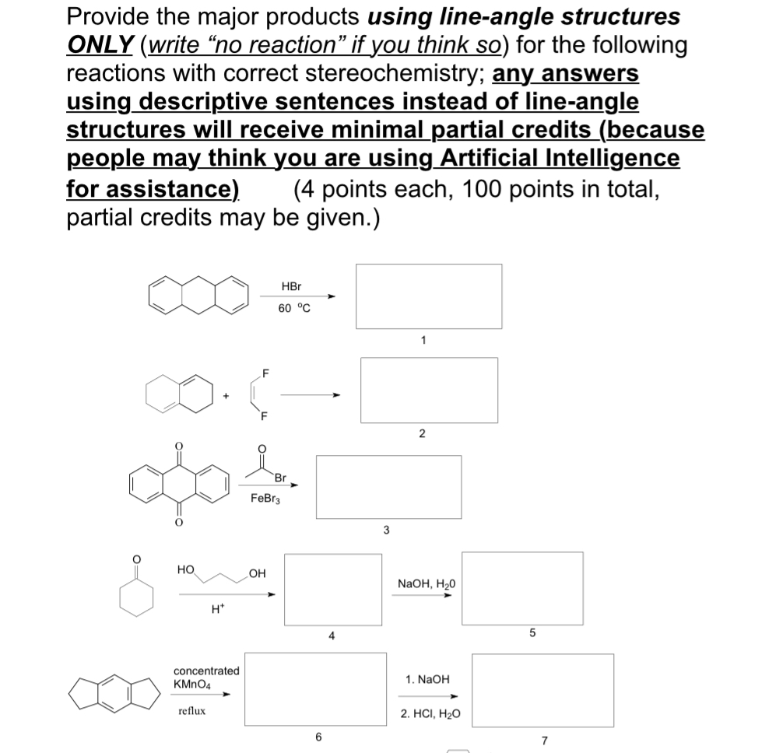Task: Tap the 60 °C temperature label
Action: point(293,307)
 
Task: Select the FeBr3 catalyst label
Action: point(265,498)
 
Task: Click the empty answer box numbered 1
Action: point(429,296)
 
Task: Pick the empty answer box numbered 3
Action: point(388,486)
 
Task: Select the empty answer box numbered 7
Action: point(542,690)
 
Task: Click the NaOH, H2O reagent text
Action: point(427,583)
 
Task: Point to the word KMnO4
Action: point(195,684)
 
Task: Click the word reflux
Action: point(192,710)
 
